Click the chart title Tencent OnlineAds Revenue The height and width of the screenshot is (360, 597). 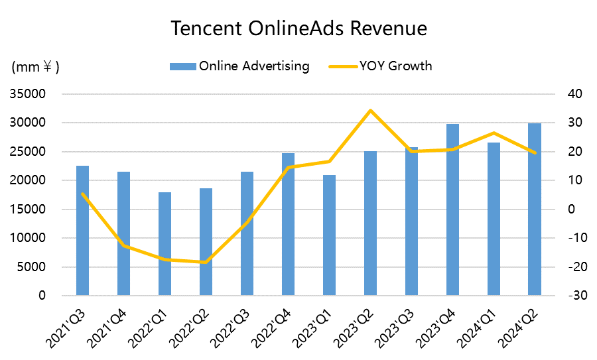[299, 29]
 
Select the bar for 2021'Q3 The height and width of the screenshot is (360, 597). [83, 231]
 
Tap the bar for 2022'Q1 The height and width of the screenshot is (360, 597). [165, 244]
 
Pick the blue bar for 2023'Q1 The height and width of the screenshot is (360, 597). [329, 235]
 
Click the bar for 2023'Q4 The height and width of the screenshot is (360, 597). [452, 210]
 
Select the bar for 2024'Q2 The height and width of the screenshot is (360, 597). [535, 210]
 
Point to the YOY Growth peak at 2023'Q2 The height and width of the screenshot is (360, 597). [370, 110]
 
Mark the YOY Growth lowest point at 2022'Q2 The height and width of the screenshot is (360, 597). [206, 262]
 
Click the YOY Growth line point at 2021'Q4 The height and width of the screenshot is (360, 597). [124, 246]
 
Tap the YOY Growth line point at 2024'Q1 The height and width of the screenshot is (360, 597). [494, 133]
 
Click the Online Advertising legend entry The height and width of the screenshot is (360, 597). [239, 66]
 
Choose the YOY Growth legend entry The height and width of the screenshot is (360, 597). [381, 66]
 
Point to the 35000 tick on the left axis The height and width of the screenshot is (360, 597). [27, 94]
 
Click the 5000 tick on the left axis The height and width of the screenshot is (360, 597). [31, 267]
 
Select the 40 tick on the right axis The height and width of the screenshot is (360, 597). [575, 94]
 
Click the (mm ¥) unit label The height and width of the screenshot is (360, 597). [35, 67]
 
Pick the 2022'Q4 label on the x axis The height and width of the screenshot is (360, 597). [272, 329]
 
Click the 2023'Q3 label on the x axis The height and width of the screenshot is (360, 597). [395, 329]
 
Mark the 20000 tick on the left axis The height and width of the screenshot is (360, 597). [27, 180]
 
